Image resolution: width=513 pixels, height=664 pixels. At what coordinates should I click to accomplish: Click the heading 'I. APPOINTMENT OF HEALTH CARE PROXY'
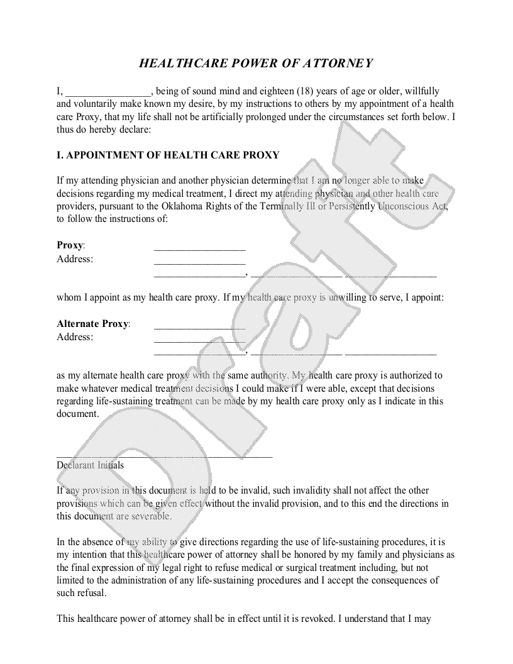point(168,155)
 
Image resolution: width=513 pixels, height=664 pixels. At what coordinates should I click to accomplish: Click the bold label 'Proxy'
point(70,245)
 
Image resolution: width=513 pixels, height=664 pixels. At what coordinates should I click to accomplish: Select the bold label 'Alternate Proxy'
point(92,324)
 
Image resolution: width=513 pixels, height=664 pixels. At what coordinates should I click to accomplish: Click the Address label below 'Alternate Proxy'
point(75,337)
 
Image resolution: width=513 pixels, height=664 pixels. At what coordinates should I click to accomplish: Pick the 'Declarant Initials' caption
point(90,466)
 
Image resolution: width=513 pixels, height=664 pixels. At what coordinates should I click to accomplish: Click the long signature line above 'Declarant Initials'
point(164,455)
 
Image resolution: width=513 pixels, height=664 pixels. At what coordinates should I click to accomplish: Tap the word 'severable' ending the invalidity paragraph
point(150,516)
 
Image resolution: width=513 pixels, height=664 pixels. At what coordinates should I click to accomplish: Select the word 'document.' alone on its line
point(78,414)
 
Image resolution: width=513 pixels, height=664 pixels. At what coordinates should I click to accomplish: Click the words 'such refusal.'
point(82,592)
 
